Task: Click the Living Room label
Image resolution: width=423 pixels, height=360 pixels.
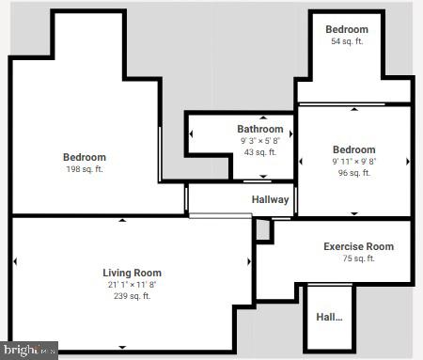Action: (x=132, y=273)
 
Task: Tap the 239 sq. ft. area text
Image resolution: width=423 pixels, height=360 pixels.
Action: (x=132, y=296)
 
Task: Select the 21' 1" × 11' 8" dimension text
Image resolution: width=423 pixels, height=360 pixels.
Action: (x=132, y=285)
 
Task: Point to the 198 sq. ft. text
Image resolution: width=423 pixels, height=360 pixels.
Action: (x=85, y=169)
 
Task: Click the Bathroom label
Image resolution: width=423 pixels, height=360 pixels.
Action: (x=259, y=129)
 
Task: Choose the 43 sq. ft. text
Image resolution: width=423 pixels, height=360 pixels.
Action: (x=259, y=152)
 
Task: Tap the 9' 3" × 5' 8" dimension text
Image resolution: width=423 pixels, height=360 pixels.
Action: (x=259, y=141)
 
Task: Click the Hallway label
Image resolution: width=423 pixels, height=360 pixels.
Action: (x=270, y=199)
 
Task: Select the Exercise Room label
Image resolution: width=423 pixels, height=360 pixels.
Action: (x=358, y=246)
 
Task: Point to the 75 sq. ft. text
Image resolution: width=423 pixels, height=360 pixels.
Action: (x=358, y=258)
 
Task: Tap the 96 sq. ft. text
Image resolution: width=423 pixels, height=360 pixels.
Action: (x=354, y=173)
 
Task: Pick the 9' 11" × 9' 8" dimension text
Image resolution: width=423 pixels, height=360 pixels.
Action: (x=354, y=162)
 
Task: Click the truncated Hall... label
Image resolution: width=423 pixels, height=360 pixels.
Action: (x=328, y=317)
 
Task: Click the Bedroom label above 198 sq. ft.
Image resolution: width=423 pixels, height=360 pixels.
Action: (x=85, y=157)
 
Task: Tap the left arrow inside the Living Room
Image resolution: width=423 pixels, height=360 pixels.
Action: (x=16, y=262)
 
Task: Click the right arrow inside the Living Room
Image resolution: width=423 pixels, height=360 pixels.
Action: (x=249, y=262)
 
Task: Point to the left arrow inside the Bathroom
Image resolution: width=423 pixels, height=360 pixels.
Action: (x=191, y=133)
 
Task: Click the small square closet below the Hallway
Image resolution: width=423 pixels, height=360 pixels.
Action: (x=262, y=229)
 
